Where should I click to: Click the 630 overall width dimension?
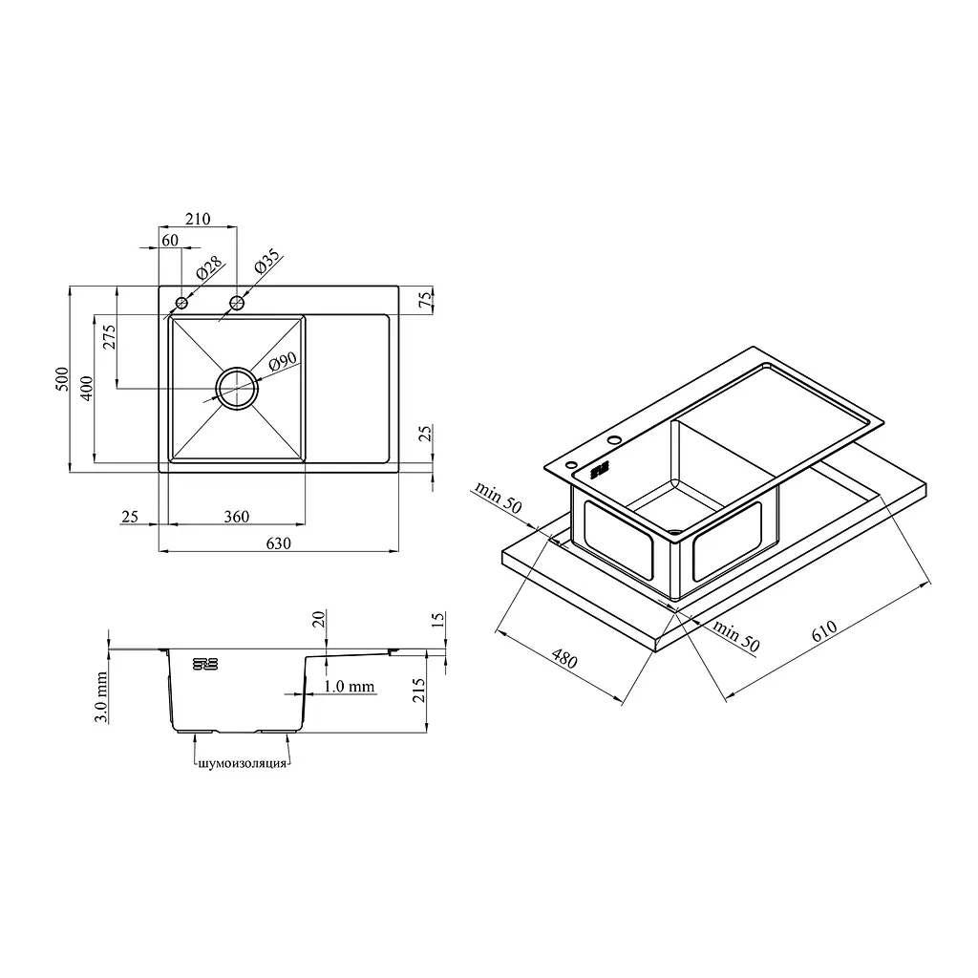278,543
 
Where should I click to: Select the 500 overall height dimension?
62,379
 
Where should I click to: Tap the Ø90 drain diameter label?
283,362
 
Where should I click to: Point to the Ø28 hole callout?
209,268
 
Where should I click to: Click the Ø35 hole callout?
268,262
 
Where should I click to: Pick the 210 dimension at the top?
198,219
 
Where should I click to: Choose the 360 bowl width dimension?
237,517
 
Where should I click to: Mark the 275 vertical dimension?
109,337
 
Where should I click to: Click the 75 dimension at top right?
425,299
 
